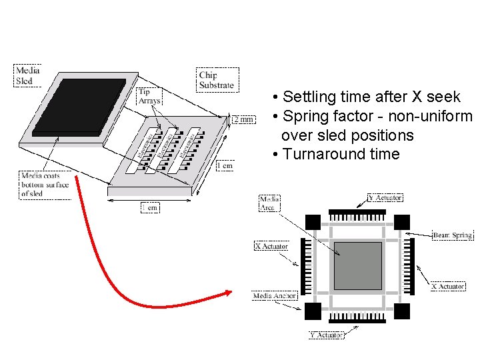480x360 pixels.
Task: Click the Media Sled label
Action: point(28,76)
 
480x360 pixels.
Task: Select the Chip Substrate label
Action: point(216,79)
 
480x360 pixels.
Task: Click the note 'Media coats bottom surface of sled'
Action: point(45,185)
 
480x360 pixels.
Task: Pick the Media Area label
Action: point(269,203)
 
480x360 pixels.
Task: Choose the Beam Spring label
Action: point(452,235)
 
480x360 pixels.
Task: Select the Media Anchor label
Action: point(275,295)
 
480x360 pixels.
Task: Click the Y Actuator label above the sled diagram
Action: point(385,198)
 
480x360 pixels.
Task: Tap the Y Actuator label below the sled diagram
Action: point(326,335)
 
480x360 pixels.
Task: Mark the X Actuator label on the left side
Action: point(271,247)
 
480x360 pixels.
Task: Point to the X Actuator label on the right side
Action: point(447,286)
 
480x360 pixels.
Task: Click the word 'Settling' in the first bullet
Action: point(308,97)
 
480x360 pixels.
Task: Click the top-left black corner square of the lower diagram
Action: point(313,222)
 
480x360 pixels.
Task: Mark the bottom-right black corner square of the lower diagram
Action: point(402,310)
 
